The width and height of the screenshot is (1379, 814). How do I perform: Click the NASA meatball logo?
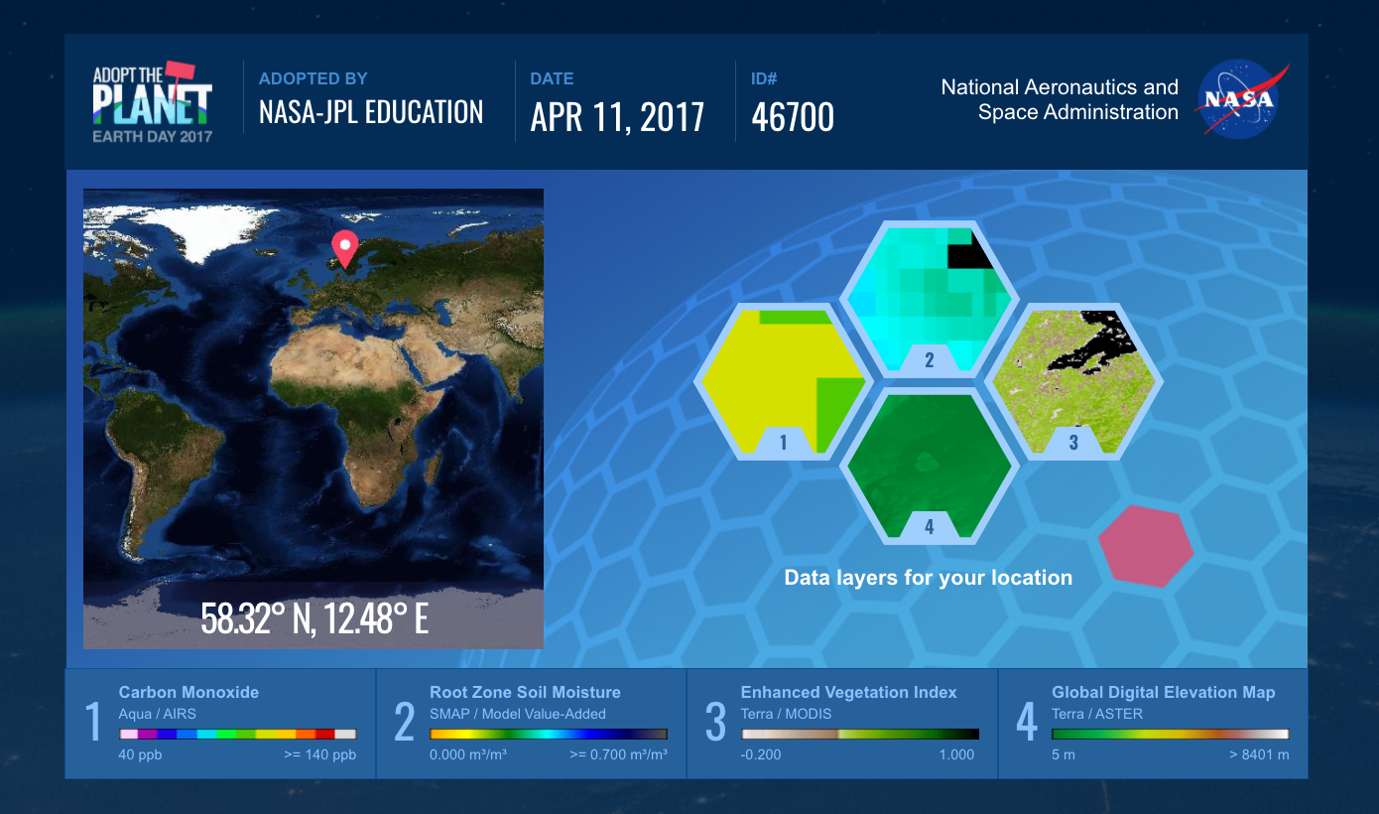pyautogui.click(x=1240, y=98)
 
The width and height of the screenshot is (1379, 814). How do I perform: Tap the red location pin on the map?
pyautogui.click(x=345, y=249)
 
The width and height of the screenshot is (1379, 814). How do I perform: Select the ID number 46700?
pyautogui.click(x=793, y=116)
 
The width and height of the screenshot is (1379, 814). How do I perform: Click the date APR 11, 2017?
pyautogui.click(x=617, y=116)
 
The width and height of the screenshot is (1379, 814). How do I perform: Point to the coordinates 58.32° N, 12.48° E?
pyautogui.click(x=314, y=618)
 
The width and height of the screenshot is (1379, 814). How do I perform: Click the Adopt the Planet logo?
pyautogui.click(x=153, y=102)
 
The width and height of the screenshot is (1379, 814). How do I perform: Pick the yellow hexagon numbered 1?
pyautogui.click(x=783, y=381)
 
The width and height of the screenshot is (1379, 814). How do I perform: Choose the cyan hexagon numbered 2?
pyautogui.click(x=929, y=299)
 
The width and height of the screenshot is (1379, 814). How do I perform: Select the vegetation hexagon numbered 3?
pyautogui.click(x=1074, y=381)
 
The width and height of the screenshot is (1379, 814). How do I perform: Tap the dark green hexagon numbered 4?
pyautogui.click(x=929, y=466)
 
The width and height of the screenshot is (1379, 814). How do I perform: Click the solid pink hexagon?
pyautogui.click(x=1146, y=546)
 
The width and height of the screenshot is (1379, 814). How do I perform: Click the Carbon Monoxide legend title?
pyautogui.click(x=188, y=692)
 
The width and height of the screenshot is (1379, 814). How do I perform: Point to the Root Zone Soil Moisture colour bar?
pyautogui.click(x=549, y=734)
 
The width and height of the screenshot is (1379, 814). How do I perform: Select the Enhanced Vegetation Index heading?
pyautogui.click(x=848, y=692)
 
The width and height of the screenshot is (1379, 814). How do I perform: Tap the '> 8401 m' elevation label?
pyautogui.click(x=1259, y=754)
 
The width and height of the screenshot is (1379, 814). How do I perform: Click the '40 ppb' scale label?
pyautogui.click(x=140, y=754)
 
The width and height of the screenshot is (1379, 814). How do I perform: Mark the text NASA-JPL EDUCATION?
pyautogui.click(x=371, y=112)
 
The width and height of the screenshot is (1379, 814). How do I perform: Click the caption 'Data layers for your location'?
pyautogui.click(x=929, y=578)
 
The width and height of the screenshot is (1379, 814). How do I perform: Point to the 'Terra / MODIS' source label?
pyautogui.click(x=786, y=714)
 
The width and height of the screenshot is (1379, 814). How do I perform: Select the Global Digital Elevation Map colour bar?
pyautogui.click(x=1171, y=734)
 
